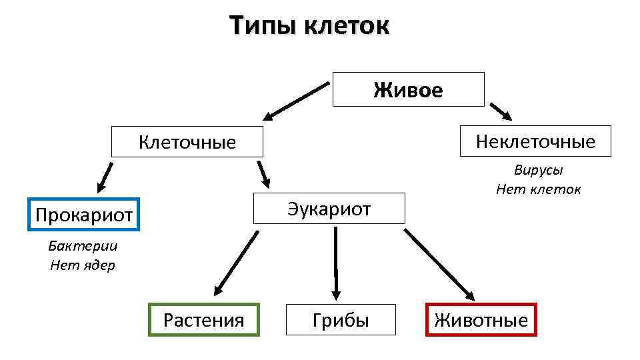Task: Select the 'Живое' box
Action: (x=408, y=89)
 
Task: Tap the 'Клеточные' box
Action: (x=187, y=141)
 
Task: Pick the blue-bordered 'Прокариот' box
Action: (x=83, y=214)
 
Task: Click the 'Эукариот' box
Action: (x=329, y=209)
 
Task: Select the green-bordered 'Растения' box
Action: (x=203, y=320)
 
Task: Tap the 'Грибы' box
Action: (x=341, y=320)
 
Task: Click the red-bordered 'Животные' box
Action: (x=481, y=320)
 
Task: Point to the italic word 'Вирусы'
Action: (x=538, y=170)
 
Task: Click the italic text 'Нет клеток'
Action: (x=538, y=189)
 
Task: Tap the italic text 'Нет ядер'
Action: (x=83, y=265)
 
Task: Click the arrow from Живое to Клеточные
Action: (x=297, y=100)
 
